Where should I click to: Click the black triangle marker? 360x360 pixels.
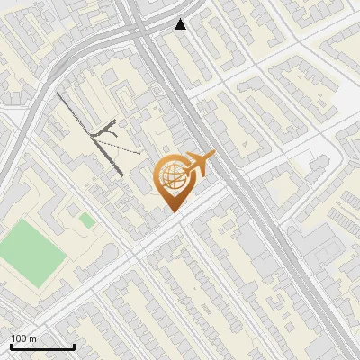[181, 23]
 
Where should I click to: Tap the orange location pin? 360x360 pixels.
[174, 181]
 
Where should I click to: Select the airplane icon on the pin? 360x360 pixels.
[198, 165]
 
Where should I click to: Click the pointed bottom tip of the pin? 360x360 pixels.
[174, 210]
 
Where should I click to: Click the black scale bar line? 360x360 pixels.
[41, 347]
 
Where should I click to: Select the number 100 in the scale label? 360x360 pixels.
[19, 338]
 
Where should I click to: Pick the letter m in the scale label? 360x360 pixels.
[33, 338]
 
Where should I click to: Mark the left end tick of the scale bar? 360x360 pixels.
[10, 346]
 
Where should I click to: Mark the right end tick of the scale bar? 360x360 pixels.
[74, 346]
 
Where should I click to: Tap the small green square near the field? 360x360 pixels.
[86, 220]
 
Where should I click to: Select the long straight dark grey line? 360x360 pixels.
[90, 133]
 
